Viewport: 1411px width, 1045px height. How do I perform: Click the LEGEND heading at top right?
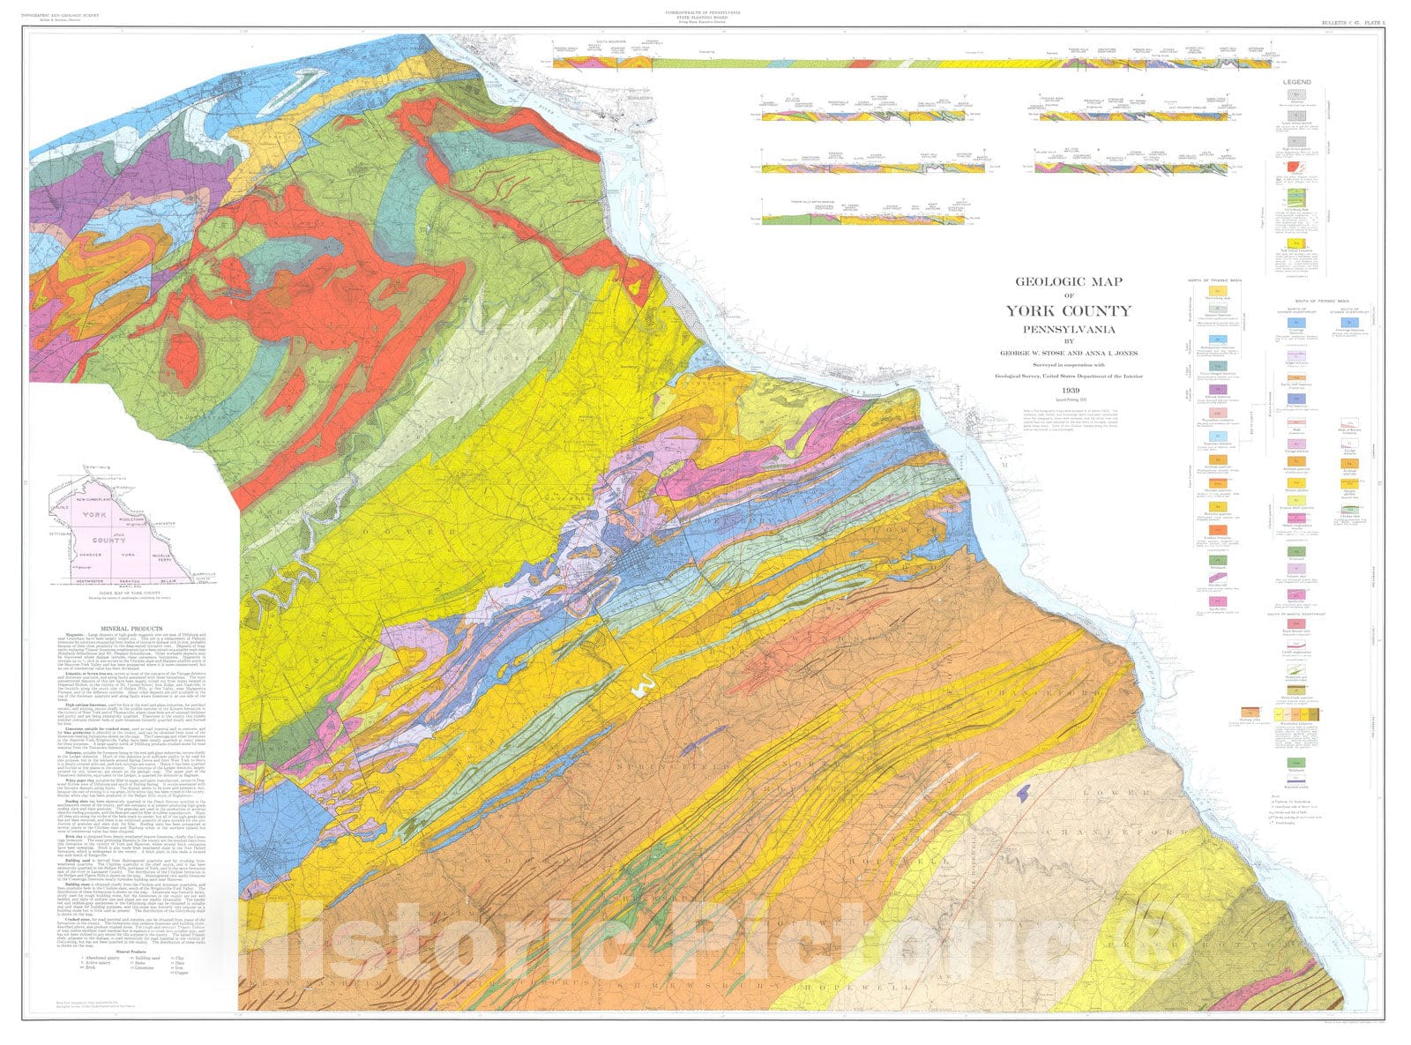pyautogui.click(x=1296, y=82)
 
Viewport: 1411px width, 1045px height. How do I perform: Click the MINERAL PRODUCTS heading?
pyautogui.click(x=135, y=628)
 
